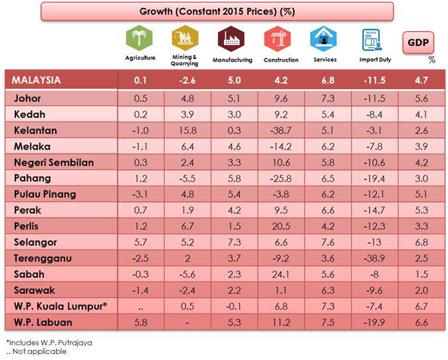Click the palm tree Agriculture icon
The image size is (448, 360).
pos(140,38)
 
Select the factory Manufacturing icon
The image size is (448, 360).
pos(231,39)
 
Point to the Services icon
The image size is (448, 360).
pos(324,39)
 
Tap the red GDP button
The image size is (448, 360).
pos(419,43)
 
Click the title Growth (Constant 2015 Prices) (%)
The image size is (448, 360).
pos(217,11)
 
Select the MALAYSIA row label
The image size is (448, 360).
pos(37,80)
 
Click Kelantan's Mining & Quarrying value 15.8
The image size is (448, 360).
pos(186,131)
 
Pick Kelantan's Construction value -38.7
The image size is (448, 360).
pos(277,131)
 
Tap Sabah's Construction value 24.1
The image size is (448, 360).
pos(277,274)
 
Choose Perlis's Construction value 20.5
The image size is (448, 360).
pos(277,226)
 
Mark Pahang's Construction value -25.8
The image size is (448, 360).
pos(277,178)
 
